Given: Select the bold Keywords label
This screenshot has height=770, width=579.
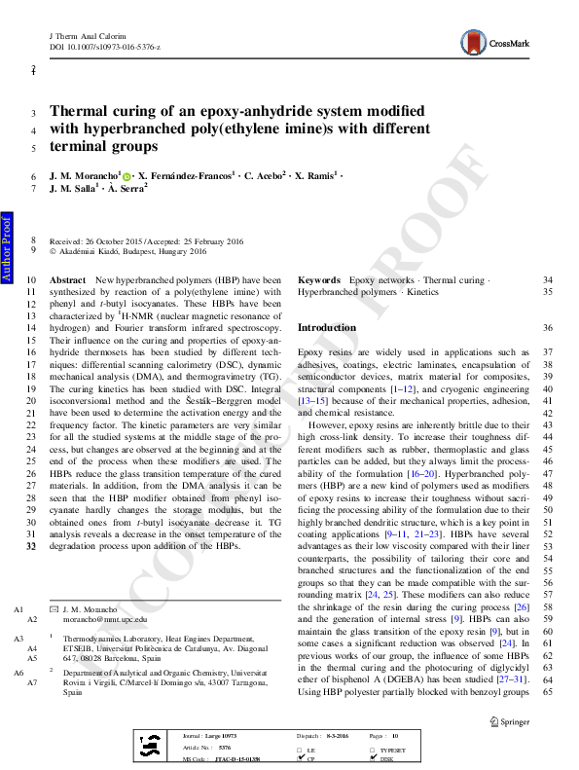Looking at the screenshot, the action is [319, 279].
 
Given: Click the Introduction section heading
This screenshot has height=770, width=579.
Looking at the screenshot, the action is [326, 328].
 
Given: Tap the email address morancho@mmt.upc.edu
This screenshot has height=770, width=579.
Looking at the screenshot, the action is [104, 618].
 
